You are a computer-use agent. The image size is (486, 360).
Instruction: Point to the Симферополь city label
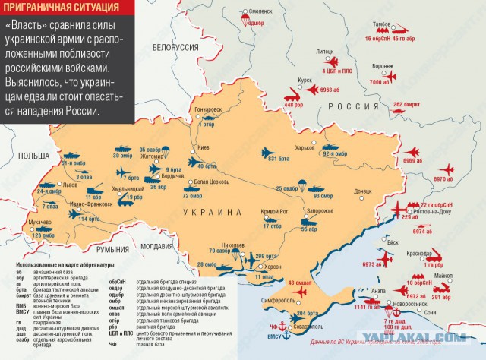pyautogui.click(x=279, y=302)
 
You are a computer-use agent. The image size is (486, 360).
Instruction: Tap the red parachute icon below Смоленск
pyautogui.click(x=248, y=22)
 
